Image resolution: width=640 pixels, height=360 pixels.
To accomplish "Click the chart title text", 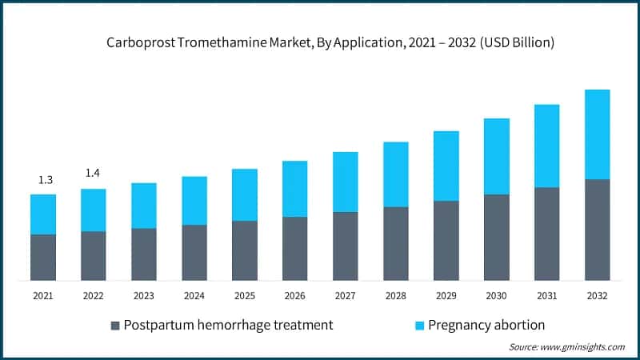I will pos(320,42).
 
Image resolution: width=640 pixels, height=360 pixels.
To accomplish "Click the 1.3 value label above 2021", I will pos(43,180).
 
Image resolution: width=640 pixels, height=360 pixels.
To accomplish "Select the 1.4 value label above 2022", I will pos(94,174).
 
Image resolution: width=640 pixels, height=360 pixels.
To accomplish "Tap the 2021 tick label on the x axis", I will pos(43,295).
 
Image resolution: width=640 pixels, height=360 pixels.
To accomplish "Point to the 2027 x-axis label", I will pos(345,295).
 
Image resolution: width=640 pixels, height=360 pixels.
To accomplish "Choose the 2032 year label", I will pos(597,295).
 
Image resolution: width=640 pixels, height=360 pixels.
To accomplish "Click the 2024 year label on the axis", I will pos(194,295).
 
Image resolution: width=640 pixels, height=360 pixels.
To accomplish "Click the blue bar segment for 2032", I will pos(597,134).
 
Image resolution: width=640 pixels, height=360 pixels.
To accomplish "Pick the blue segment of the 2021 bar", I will pos(43,214).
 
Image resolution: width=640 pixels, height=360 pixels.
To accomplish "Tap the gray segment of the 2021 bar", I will pos(43,257).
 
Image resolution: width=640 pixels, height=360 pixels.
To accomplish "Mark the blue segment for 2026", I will pos(294,189).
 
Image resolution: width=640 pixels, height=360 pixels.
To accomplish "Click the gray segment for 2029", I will pos(446,240).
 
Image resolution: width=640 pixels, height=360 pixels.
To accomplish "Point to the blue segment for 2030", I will pos(496,156).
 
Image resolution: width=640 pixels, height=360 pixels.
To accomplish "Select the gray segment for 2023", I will pos(144,254).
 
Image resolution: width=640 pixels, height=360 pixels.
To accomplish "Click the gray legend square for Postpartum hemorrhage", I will pos(115,326).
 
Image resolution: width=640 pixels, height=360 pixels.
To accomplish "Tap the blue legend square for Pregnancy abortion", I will pos(418,326).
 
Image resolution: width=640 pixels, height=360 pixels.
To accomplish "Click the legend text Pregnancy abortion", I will pos(486,325).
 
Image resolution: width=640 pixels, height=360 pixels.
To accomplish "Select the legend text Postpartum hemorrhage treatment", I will pos(228,325).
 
